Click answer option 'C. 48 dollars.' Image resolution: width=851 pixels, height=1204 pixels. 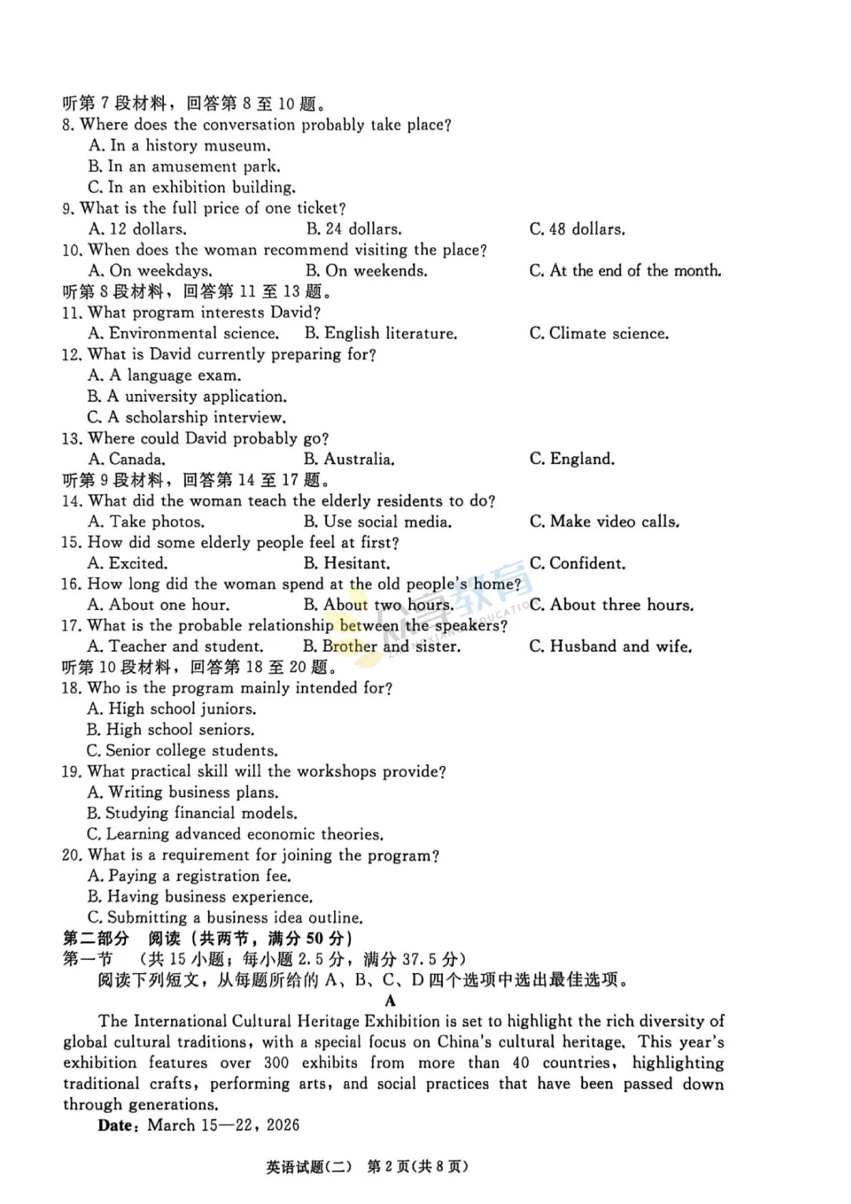point(577,229)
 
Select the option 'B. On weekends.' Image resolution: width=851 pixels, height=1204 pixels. point(366,271)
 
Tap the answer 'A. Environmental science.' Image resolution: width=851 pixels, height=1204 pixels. point(183,333)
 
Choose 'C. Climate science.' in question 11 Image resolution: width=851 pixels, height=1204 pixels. point(599,333)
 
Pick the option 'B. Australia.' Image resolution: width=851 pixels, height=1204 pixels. point(349,459)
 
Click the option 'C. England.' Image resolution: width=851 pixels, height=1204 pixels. point(572,459)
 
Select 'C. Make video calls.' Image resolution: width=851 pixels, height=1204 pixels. point(604,522)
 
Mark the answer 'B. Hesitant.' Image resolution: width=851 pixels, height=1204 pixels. point(347,563)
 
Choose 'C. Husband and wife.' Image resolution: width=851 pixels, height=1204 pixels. point(611,647)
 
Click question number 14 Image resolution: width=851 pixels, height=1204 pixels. point(71,501)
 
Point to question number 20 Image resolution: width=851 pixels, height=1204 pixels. point(71,856)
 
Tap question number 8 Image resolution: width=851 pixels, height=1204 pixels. point(68,125)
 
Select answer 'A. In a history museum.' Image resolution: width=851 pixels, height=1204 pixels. point(180,146)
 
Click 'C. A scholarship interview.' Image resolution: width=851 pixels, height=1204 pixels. point(187,418)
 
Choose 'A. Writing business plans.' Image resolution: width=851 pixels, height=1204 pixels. point(183,793)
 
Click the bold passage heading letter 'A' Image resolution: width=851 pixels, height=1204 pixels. point(390,1001)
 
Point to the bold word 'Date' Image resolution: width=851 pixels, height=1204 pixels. point(116,1126)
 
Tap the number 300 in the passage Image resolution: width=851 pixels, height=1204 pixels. point(276,1063)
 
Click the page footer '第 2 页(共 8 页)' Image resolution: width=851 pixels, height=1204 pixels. point(418,1167)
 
